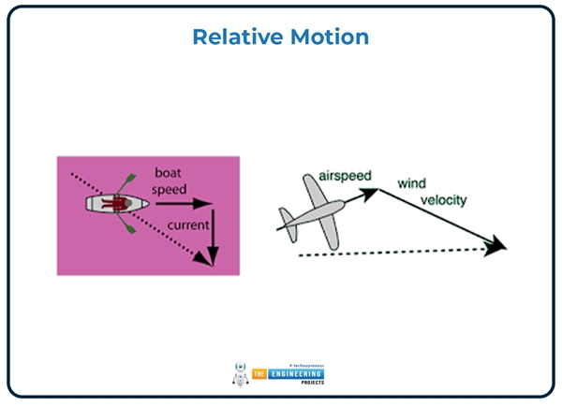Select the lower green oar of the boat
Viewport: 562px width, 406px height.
coord(125,225)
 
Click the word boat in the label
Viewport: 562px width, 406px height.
coord(172,173)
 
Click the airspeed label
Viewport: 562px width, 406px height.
coord(346,176)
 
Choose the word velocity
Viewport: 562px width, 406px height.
coord(444,200)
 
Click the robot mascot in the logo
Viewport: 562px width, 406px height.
coord(240,371)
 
